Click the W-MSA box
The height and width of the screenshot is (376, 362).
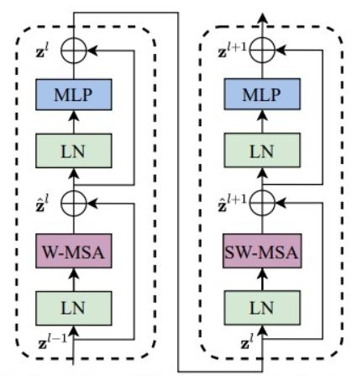coord(74,251)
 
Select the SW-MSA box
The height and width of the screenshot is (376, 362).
coord(262,251)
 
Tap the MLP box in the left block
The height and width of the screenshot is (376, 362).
coord(74,94)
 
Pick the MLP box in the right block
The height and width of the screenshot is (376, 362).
coord(262,94)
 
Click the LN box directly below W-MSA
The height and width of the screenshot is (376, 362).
coord(74,308)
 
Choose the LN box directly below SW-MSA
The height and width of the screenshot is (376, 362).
coord(262,308)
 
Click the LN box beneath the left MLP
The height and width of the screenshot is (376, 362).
coord(74,151)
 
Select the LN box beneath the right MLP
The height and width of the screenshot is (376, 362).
coord(262,151)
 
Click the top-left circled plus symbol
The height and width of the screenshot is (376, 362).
coord(74,50)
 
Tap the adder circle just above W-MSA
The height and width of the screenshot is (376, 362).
coord(74,204)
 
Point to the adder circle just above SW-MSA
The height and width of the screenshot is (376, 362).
coord(262,203)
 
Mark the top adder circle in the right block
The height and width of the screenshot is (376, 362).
coord(262,50)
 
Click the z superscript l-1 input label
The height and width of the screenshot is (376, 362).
coord(53,342)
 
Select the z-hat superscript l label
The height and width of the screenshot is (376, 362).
coord(42,204)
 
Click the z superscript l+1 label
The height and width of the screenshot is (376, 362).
coord(233,50)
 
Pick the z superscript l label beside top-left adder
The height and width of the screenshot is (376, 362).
coord(42,50)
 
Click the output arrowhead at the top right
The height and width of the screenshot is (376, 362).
coord(262,18)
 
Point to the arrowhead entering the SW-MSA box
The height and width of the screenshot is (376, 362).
coord(262,273)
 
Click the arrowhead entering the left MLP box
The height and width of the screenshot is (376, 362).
coord(74,115)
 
